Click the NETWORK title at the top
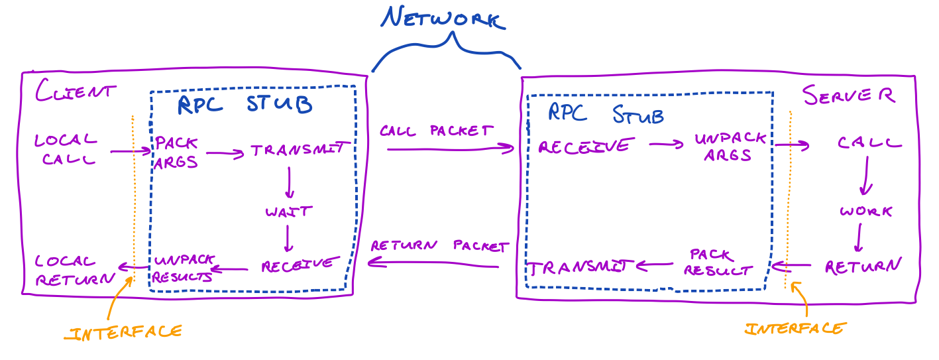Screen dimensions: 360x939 (x=443, y=19)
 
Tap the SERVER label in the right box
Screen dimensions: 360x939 (x=849, y=95)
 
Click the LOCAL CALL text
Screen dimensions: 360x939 (x=66, y=150)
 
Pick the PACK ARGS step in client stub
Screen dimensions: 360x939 (x=176, y=153)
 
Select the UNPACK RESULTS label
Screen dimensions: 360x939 (x=182, y=269)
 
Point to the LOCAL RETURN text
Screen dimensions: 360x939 (x=73, y=270)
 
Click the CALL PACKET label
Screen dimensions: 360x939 (x=436, y=131)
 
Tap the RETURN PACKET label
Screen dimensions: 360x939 (x=438, y=245)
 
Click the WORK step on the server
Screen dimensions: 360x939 (x=865, y=212)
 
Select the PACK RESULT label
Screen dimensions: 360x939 (x=718, y=263)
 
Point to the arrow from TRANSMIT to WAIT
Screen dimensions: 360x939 (x=289, y=182)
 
